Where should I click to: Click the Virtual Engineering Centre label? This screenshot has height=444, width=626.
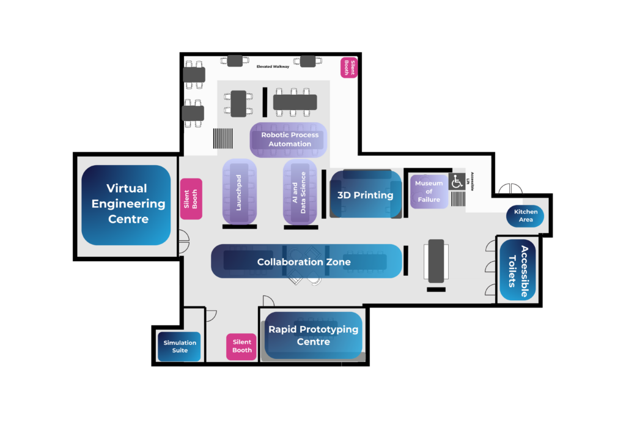[127, 204]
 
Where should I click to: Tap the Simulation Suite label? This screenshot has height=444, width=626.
[179, 347]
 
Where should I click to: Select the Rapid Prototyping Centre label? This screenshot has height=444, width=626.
[313, 335]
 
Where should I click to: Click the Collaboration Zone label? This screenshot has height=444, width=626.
[304, 262]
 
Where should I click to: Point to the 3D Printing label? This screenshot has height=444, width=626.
[366, 195]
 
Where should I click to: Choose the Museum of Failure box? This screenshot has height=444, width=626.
[429, 191]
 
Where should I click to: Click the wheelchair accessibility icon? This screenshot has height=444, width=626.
[457, 182]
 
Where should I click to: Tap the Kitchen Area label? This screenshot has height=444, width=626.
[525, 215]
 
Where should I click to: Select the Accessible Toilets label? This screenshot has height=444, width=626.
[518, 270]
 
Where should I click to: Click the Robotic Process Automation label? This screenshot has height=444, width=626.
[289, 139]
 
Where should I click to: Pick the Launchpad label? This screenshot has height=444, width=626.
[239, 192]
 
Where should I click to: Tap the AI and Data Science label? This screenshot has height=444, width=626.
[299, 192]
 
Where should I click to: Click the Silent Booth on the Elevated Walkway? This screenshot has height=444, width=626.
[348, 67]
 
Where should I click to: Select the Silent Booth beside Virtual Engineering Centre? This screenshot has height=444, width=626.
[191, 199]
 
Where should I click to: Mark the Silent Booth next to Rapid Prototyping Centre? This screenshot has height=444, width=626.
[241, 346]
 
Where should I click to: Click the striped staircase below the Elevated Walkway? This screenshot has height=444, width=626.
[223, 138]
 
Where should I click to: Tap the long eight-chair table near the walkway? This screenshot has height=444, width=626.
[295, 102]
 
